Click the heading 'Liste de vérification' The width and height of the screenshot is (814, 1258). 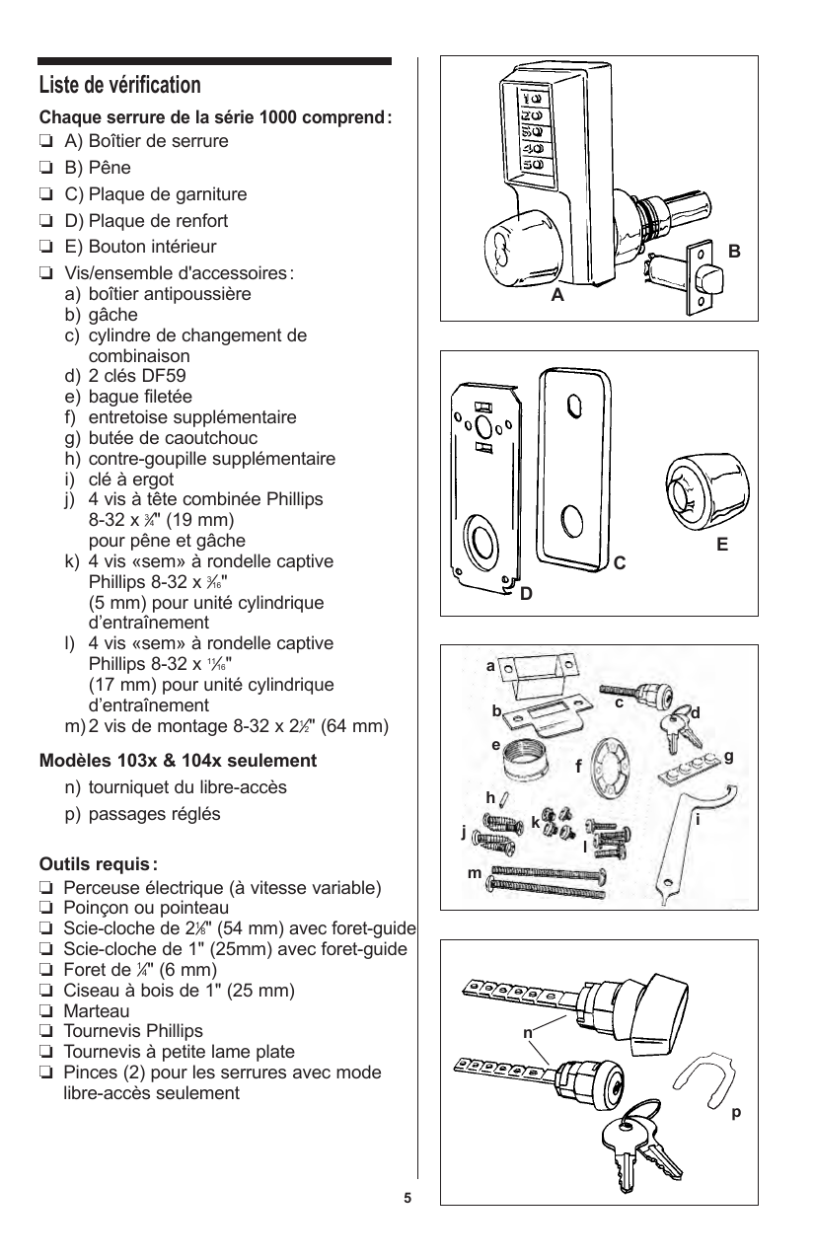point(119,85)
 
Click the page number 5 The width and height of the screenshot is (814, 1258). point(407,1199)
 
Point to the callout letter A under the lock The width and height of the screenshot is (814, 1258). point(557,294)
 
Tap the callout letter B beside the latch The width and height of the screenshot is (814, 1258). point(733,252)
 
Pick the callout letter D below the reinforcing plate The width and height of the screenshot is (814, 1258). point(526,594)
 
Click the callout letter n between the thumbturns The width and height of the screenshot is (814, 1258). point(528,1033)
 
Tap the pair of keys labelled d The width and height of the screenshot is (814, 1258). point(681,728)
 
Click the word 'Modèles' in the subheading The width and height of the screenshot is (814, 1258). point(74,762)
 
